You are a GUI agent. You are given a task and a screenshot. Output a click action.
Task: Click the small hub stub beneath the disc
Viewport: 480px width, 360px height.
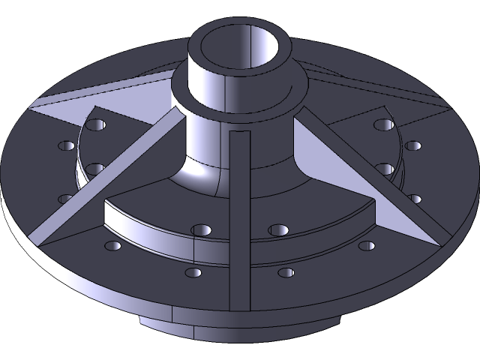pos(225,326)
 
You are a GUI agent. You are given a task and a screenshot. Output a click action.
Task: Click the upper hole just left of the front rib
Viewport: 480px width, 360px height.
pos(199,229)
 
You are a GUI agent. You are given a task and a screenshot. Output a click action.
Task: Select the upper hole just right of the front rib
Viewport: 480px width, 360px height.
pos(279,229)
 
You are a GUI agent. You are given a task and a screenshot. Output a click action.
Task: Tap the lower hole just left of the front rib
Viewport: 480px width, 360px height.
pos(193,272)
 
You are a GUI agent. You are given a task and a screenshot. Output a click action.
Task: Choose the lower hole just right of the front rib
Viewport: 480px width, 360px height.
pos(286,272)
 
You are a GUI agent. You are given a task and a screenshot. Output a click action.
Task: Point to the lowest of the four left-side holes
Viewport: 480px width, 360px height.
pos(66,199)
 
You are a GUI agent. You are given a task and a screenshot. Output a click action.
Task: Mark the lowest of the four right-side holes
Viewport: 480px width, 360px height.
pos(415,199)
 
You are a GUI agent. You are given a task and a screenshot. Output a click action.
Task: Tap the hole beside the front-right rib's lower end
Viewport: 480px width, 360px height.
pos(366,245)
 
